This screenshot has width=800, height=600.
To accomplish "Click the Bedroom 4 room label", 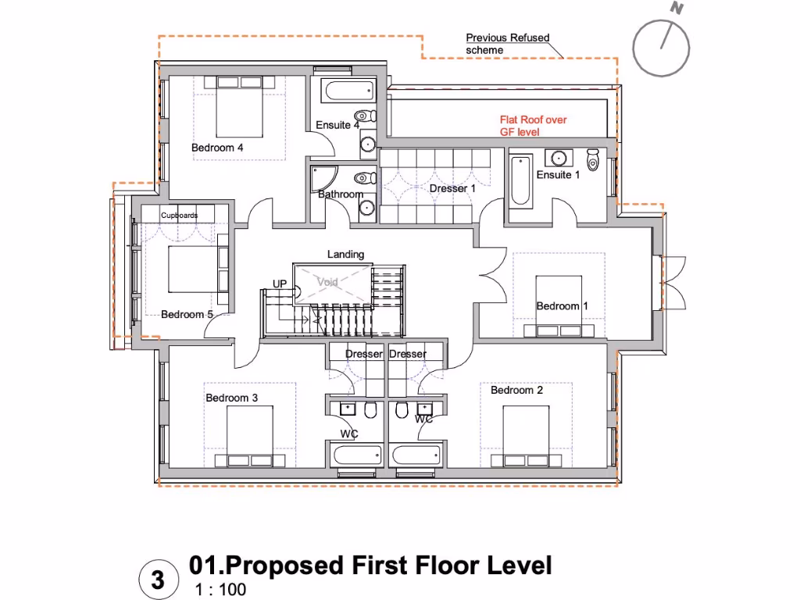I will [x=217, y=148].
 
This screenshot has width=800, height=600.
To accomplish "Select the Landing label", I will [x=345, y=255].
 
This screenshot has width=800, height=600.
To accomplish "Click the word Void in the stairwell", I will [x=328, y=281].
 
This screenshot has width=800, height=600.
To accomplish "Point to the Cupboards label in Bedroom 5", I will [x=179, y=216].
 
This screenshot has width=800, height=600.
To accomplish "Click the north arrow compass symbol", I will [x=661, y=48].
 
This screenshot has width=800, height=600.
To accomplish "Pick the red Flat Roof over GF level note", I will [x=533, y=127].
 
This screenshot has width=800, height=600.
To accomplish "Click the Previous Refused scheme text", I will [x=507, y=44].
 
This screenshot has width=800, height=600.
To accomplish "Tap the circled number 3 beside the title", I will [x=159, y=580].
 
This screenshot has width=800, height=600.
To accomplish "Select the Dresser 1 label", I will [x=452, y=189].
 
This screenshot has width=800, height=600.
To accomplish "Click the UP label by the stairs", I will [x=279, y=284].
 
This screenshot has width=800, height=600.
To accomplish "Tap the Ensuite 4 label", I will [x=337, y=125].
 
